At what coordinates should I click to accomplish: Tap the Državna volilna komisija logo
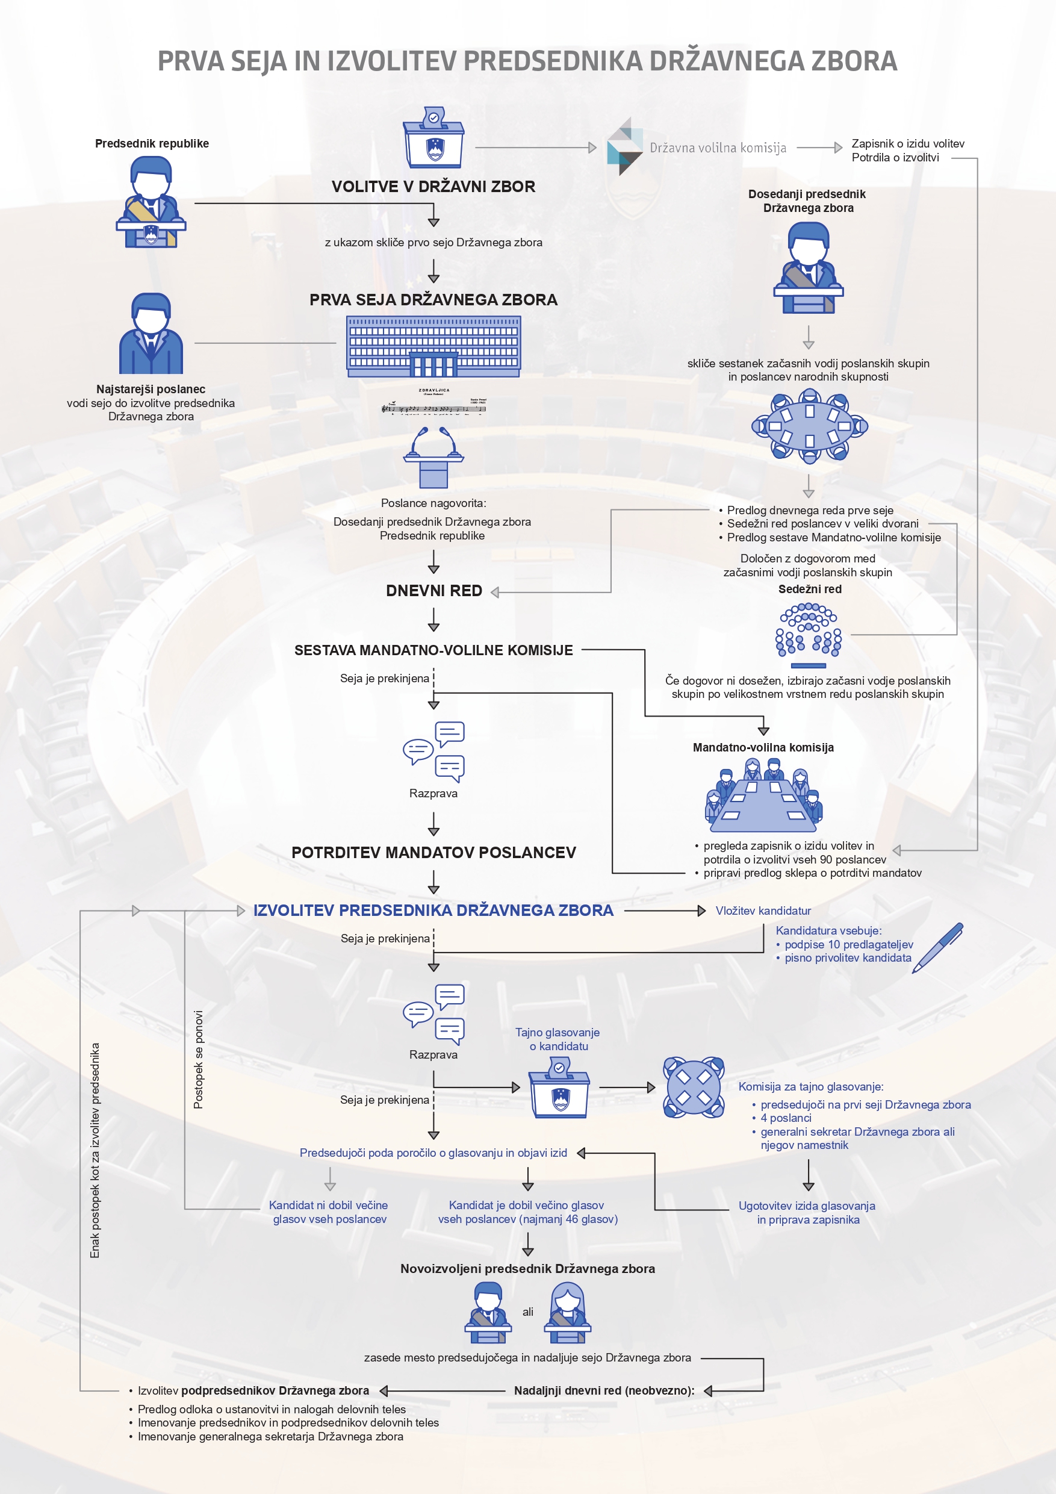(624, 147)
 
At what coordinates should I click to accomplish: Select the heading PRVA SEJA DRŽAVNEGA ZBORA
(433, 300)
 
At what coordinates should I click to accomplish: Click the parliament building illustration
(433, 346)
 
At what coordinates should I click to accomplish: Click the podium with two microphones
(433, 458)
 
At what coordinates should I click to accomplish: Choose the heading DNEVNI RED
(433, 591)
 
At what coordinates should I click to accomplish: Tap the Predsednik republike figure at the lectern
(151, 202)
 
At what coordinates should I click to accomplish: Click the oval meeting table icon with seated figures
(809, 426)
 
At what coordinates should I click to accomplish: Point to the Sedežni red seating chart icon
(808, 635)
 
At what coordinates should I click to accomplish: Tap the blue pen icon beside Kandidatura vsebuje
(937, 947)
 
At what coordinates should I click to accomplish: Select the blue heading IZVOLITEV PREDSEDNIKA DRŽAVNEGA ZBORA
(433, 910)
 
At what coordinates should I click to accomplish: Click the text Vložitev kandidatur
(763, 911)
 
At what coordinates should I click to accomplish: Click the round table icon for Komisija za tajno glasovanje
(694, 1088)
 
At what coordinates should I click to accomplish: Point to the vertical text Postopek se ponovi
(199, 1059)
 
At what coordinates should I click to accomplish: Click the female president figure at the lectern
(567, 1313)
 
